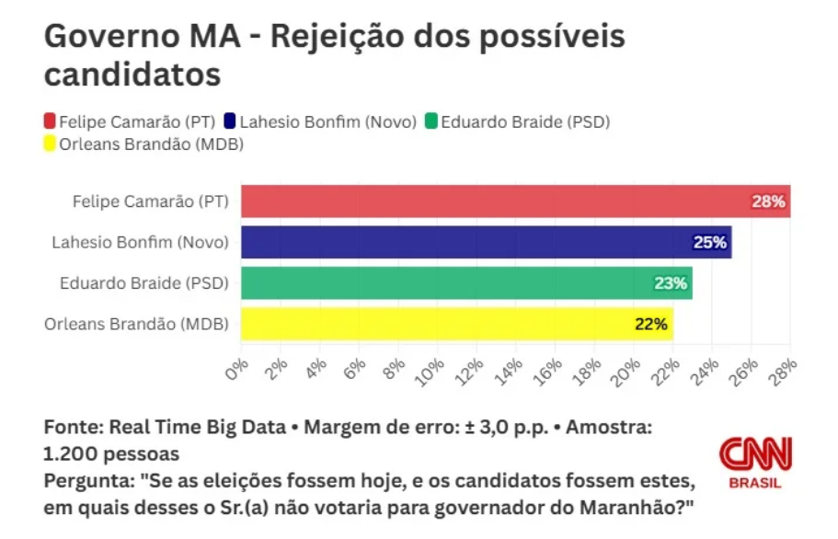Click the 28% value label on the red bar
(x=768, y=201)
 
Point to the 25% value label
(x=709, y=243)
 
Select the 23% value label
(x=671, y=283)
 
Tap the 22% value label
(x=650, y=324)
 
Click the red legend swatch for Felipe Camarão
(x=51, y=120)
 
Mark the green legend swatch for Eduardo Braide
(x=430, y=120)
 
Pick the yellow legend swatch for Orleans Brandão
(x=51, y=143)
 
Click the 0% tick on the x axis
(x=238, y=367)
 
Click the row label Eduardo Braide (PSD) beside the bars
(x=143, y=283)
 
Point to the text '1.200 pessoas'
(x=111, y=454)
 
